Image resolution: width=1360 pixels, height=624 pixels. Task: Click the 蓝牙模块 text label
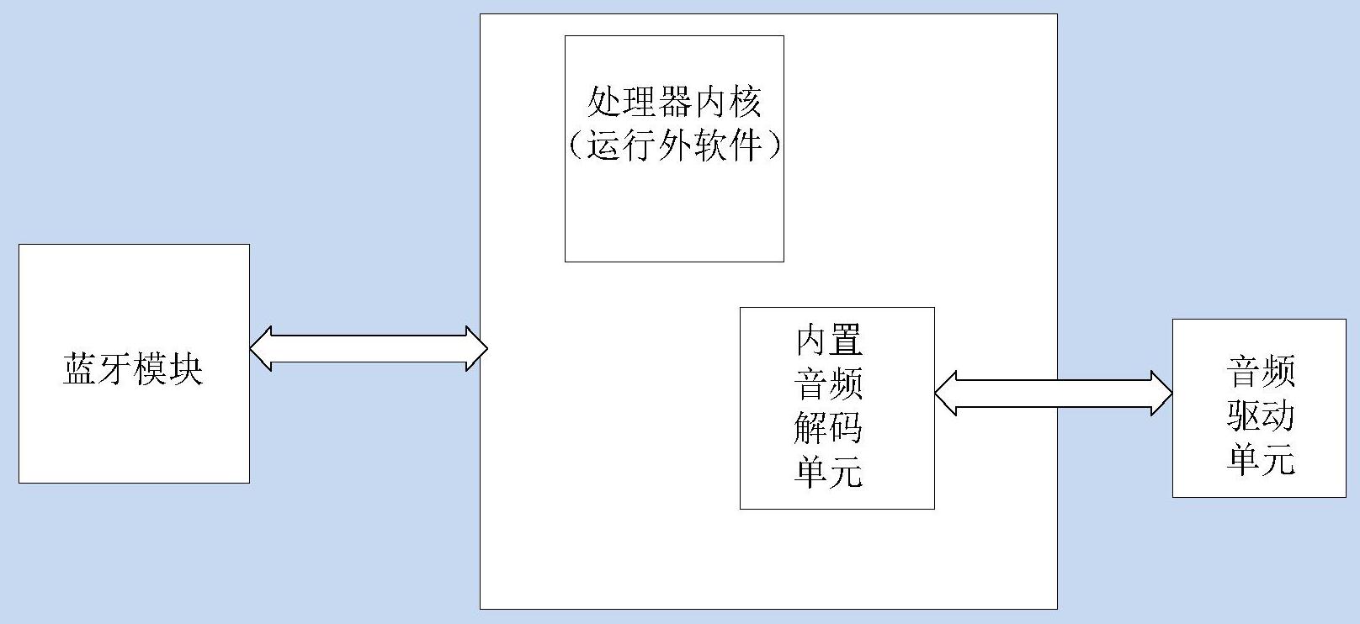(133, 368)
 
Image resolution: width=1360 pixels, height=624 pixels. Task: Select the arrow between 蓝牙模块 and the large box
(369, 348)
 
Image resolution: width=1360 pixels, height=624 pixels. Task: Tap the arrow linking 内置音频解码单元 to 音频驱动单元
(1053, 393)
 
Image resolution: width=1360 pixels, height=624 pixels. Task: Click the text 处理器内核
(674, 103)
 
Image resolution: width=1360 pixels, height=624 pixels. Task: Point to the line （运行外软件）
(674, 145)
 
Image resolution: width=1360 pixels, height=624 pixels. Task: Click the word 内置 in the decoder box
(829, 341)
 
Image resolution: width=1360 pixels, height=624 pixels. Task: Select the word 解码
(829, 428)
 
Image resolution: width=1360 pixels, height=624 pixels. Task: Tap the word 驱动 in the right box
(1260, 415)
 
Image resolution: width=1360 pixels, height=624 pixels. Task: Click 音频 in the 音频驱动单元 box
(1260, 371)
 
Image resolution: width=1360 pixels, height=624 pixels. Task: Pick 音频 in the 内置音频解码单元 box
(829, 384)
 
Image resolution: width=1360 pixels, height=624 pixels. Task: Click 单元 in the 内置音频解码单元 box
(829, 472)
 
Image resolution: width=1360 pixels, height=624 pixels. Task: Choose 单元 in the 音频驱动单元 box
(1260, 459)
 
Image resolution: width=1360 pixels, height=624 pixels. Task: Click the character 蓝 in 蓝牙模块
(80, 368)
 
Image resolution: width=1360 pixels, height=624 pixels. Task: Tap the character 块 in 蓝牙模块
(186, 368)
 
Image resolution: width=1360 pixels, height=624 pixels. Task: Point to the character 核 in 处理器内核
(744, 103)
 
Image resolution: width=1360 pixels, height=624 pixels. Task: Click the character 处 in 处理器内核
(604, 103)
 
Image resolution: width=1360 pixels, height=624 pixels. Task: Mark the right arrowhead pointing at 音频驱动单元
(1161, 393)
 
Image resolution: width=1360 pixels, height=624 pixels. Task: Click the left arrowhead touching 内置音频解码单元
(946, 393)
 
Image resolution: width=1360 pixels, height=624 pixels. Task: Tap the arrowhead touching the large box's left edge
(476, 348)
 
